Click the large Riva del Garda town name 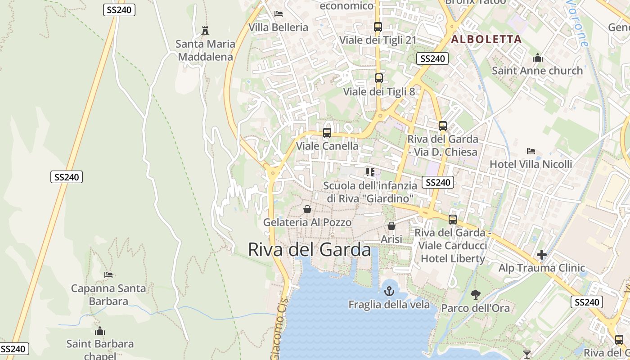tap(310, 249)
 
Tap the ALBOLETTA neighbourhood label tap(486, 39)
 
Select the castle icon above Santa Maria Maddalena tap(205, 31)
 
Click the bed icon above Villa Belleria tap(279, 14)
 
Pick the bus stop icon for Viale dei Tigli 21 tap(378, 27)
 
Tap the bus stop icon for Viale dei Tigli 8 tap(378, 78)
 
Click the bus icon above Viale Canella tap(327, 133)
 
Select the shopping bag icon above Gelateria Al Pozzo tap(307, 209)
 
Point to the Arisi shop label tap(391, 239)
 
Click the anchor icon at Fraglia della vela tap(389, 291)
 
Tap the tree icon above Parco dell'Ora tap(475, 295)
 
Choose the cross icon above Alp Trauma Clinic tap(542, 255)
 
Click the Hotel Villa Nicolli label tap(531, 164)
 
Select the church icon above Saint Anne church tap(537, 58)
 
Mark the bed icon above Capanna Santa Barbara tap(108, 274)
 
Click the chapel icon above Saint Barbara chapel tap(100, 331)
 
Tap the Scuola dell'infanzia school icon tap(370, 172)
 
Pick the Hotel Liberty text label tap(453, 258)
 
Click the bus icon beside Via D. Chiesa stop tap(443, 126)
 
